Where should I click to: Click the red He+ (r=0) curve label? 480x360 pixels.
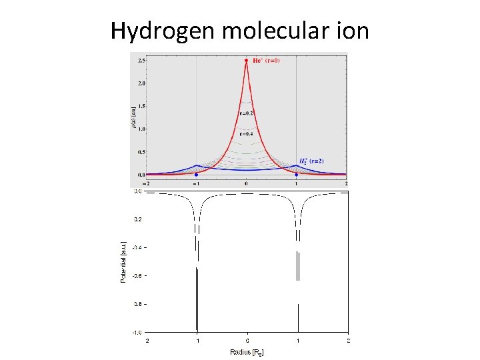click(266, 61)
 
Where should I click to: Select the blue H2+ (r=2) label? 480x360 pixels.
click(311, 161)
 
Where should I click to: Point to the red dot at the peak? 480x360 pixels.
click(247, 61)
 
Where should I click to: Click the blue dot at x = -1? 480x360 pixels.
click(196, 175)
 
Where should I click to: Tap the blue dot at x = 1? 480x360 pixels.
click(297, 175)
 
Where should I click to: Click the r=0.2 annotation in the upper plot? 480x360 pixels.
click(247, 113)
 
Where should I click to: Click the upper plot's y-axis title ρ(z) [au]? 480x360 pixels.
click(133, 118)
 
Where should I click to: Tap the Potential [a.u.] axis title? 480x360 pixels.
click(123, 261)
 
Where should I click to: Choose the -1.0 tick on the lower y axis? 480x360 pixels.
click(136, 331)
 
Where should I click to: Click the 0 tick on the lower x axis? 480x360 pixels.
click(248, 340)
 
